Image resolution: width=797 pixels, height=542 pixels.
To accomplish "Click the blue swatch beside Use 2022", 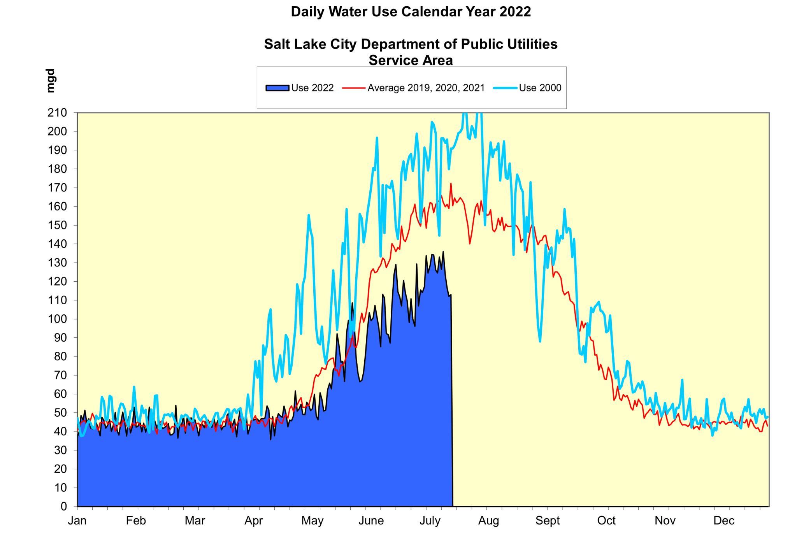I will [277, 88].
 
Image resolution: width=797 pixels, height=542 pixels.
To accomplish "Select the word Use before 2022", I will [300, 88].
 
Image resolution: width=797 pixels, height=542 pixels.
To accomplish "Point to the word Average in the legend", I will [386, 88].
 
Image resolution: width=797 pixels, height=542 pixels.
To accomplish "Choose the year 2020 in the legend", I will [446, 88].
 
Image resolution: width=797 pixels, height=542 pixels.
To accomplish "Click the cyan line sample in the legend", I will [505, 88].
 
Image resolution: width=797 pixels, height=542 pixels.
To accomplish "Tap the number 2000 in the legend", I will [550, 88].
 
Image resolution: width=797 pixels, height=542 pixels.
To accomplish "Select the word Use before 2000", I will [528, 88].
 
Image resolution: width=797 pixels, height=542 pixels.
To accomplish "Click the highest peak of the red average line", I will [451, 184].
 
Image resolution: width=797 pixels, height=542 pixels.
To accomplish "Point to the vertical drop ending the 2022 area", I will [452, 401].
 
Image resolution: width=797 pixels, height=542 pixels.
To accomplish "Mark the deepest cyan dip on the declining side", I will [540, 341].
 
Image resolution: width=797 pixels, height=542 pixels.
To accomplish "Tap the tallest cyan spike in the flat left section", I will [134, 387].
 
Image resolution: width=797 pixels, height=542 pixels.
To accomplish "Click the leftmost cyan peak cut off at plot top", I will [464, 114].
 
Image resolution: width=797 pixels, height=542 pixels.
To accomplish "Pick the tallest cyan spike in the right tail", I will [682, 380].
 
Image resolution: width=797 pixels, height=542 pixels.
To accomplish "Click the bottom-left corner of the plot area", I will [78, 506].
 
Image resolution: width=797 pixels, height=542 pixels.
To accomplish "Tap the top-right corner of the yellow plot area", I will [769, 113].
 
